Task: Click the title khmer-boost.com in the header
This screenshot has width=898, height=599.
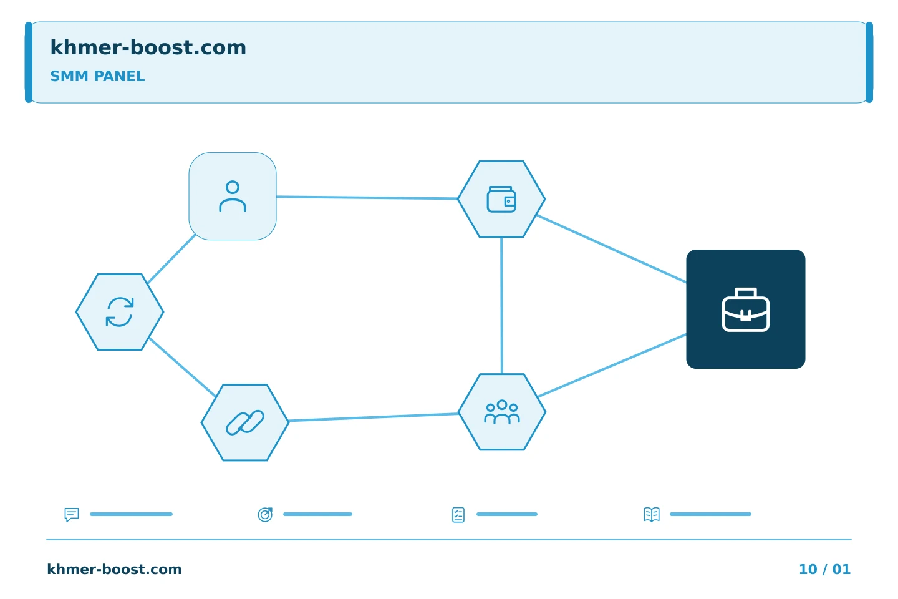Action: [148, 47]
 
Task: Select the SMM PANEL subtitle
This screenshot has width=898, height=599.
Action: [97, 76]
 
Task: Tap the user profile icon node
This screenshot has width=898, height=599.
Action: [233, 196]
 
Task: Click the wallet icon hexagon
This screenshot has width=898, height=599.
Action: [501, 199]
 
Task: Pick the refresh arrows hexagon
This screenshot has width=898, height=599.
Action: [120, 312]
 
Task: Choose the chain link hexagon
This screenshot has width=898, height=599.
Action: [245, 422]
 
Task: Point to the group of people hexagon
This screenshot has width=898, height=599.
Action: [502, 412]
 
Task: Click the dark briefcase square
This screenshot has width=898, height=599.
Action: [746, 309]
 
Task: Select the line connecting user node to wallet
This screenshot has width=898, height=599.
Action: [367, 197]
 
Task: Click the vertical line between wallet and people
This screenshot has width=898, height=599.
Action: [501, 305]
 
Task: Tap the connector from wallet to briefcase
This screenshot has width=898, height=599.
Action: [611, 249]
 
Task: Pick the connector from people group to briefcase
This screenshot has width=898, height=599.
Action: [612, 366]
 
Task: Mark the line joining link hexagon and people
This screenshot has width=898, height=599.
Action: [374, 417]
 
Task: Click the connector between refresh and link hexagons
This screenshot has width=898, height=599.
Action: [182, 368]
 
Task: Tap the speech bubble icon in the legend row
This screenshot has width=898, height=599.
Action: [72, 514]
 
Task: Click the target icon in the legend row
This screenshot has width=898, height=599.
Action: [265, 514]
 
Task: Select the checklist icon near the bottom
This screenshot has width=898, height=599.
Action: [458, 515]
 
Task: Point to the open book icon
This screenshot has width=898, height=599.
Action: [652, 514]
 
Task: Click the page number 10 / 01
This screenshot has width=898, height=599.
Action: [824, 569]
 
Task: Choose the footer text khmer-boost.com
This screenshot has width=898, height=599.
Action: [114, 569]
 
